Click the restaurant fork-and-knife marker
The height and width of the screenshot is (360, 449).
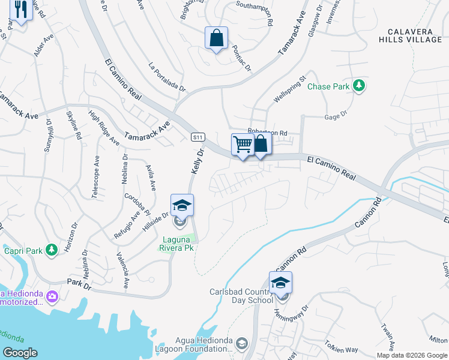coord(21,11)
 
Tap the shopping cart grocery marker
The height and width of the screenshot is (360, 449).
coord(242,145)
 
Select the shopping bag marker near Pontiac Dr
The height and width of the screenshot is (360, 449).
coord(216,38)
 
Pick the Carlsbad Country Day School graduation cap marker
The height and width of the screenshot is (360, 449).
coord(280,283)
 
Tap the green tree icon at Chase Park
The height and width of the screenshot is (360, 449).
coord(359,86)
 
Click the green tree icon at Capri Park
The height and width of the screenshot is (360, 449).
coord(52,249)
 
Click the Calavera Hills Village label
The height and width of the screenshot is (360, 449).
coord(414,35)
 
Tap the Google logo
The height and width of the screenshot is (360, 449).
coord(20,353)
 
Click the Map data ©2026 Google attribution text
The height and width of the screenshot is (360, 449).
coord(411,355)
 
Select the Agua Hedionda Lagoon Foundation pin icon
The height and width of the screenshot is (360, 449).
coord(241,343)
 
